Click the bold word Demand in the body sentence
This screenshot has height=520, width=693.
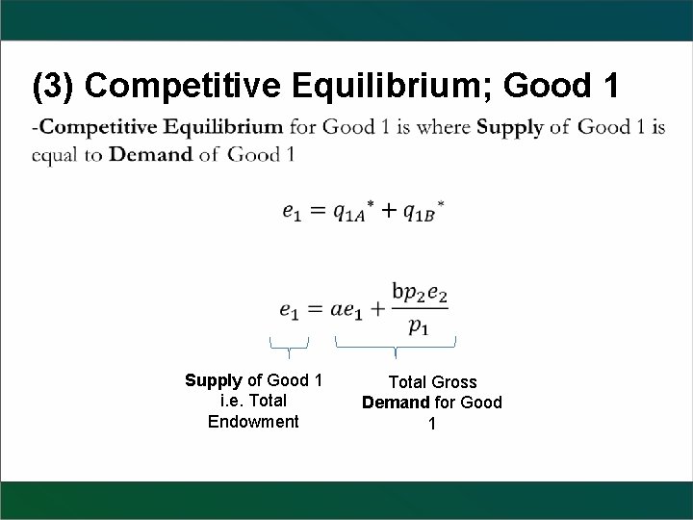coord(151,154)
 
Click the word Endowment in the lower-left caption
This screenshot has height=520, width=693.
coord(253,422)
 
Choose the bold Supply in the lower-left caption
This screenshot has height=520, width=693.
coord(212,381)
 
